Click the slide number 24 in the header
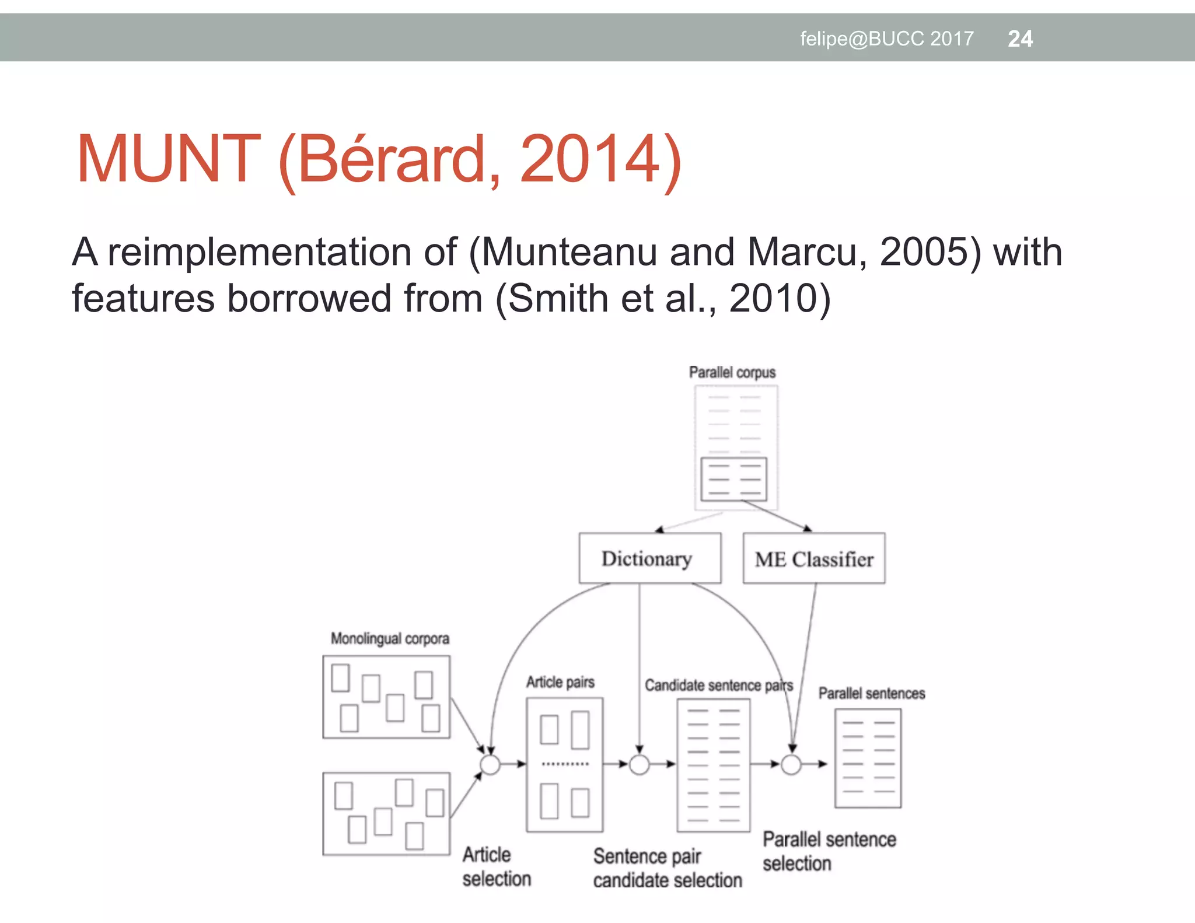(x=1020, y=39)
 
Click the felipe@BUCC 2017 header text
(x=886, y=39)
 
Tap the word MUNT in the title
(x=168, y=159)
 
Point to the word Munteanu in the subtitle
(x=569, y=252)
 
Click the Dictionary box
(x=649, y=558)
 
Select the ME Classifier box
(x=814, y=558)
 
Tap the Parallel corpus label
(x=732, y=372)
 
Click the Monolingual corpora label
(x=390, y=638)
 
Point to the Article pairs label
(x=560, y=682)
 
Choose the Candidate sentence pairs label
(x=718, y=685)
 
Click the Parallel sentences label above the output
(x=871, y=693)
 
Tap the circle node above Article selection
(x=490, y=764)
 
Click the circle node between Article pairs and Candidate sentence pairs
(x=640, y=764)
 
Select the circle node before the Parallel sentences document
(x=791, y=764)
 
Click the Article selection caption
(x=497, y=866)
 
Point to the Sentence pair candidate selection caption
(x=667, y=868)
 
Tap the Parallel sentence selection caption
(x=829, y=851)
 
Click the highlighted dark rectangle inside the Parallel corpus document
(x=734, y=480)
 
